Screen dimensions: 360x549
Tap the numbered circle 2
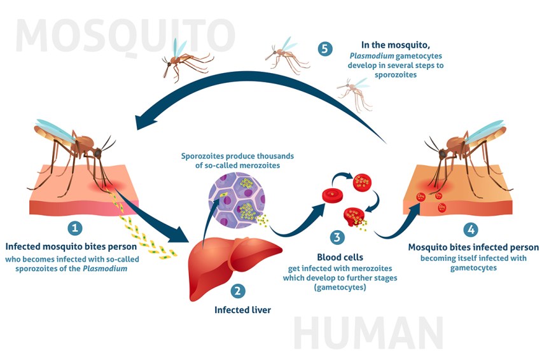(237, 291)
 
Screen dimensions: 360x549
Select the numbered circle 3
(338, 238)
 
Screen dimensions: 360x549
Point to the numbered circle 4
(471, 230)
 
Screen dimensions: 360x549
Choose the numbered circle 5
(325, 49)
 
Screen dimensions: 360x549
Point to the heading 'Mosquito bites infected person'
(473, 247)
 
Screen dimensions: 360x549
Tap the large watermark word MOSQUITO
(125, 36)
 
